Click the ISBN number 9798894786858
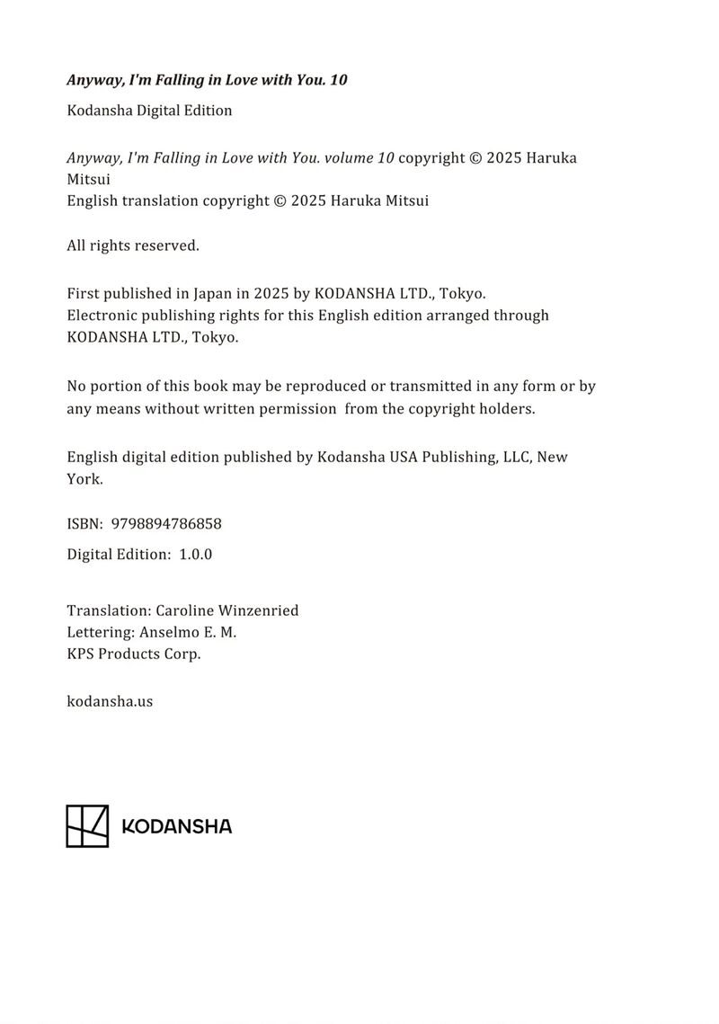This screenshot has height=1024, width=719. [166, 523]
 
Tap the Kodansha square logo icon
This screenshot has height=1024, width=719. [87, 825]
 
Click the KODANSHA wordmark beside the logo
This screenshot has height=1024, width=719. [176, 826]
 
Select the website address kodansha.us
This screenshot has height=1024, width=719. [110, 700]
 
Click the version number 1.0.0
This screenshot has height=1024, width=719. [195, 554]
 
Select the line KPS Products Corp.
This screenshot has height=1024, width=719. [134, 654]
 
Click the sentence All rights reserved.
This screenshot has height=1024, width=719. [133, 245]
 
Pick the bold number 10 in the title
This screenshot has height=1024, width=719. [339, 80]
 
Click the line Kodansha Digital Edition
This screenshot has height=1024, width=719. [149, 111]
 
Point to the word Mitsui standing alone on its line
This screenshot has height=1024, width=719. [88, 179]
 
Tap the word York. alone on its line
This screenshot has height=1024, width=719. [84, 479]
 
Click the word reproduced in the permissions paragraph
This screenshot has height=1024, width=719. [322, 387]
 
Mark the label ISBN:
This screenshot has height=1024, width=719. [84, 523]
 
